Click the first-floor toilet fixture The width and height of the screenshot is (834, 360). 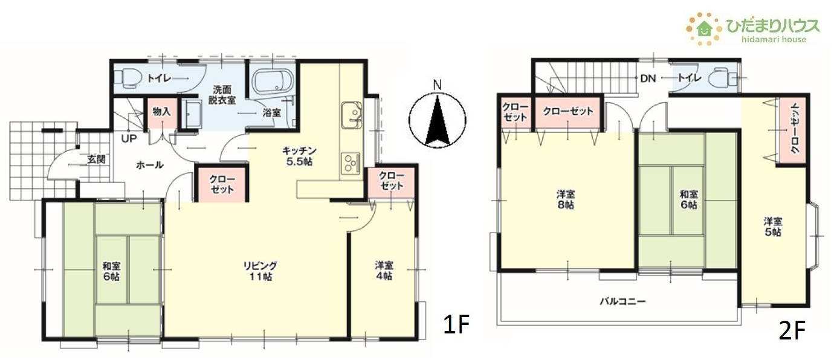coord(127,78)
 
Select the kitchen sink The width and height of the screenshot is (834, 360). coord(351,115)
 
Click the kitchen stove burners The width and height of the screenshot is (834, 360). coord(351,163)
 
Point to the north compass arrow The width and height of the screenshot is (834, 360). coord(438,120)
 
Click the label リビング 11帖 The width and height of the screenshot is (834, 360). coord(260,271)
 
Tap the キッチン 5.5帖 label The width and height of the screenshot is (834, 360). coord(299,156)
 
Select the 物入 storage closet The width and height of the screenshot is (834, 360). coord(161,112)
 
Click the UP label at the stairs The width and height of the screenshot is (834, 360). coord(129,139)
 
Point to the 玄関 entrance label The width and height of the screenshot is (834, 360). coord(97,159)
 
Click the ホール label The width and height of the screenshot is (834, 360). coord(150,165)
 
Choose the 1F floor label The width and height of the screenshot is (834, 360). coord(456,324)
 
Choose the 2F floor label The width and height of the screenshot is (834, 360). coord(792,330)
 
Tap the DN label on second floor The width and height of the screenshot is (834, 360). coord(648,79)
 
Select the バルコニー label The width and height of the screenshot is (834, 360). coord(622,301)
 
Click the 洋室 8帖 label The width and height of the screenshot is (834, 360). coord(566,199)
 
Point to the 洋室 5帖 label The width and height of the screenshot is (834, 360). coord(772,227)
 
